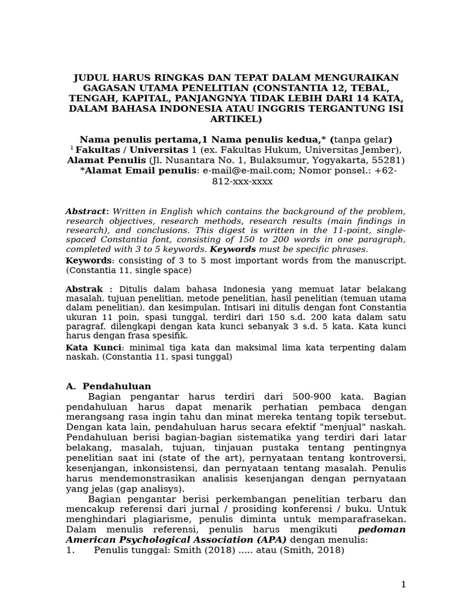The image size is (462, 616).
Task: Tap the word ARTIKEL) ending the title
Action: point(236,119)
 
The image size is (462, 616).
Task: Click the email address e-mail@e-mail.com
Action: point(239,171)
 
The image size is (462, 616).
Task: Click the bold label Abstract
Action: point(85,211)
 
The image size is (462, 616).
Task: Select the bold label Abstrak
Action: point(84,289)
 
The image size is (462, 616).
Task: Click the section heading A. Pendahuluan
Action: point(108,386)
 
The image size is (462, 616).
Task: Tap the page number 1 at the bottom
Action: point(404,585)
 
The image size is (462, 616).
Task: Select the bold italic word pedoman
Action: point(382,530)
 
